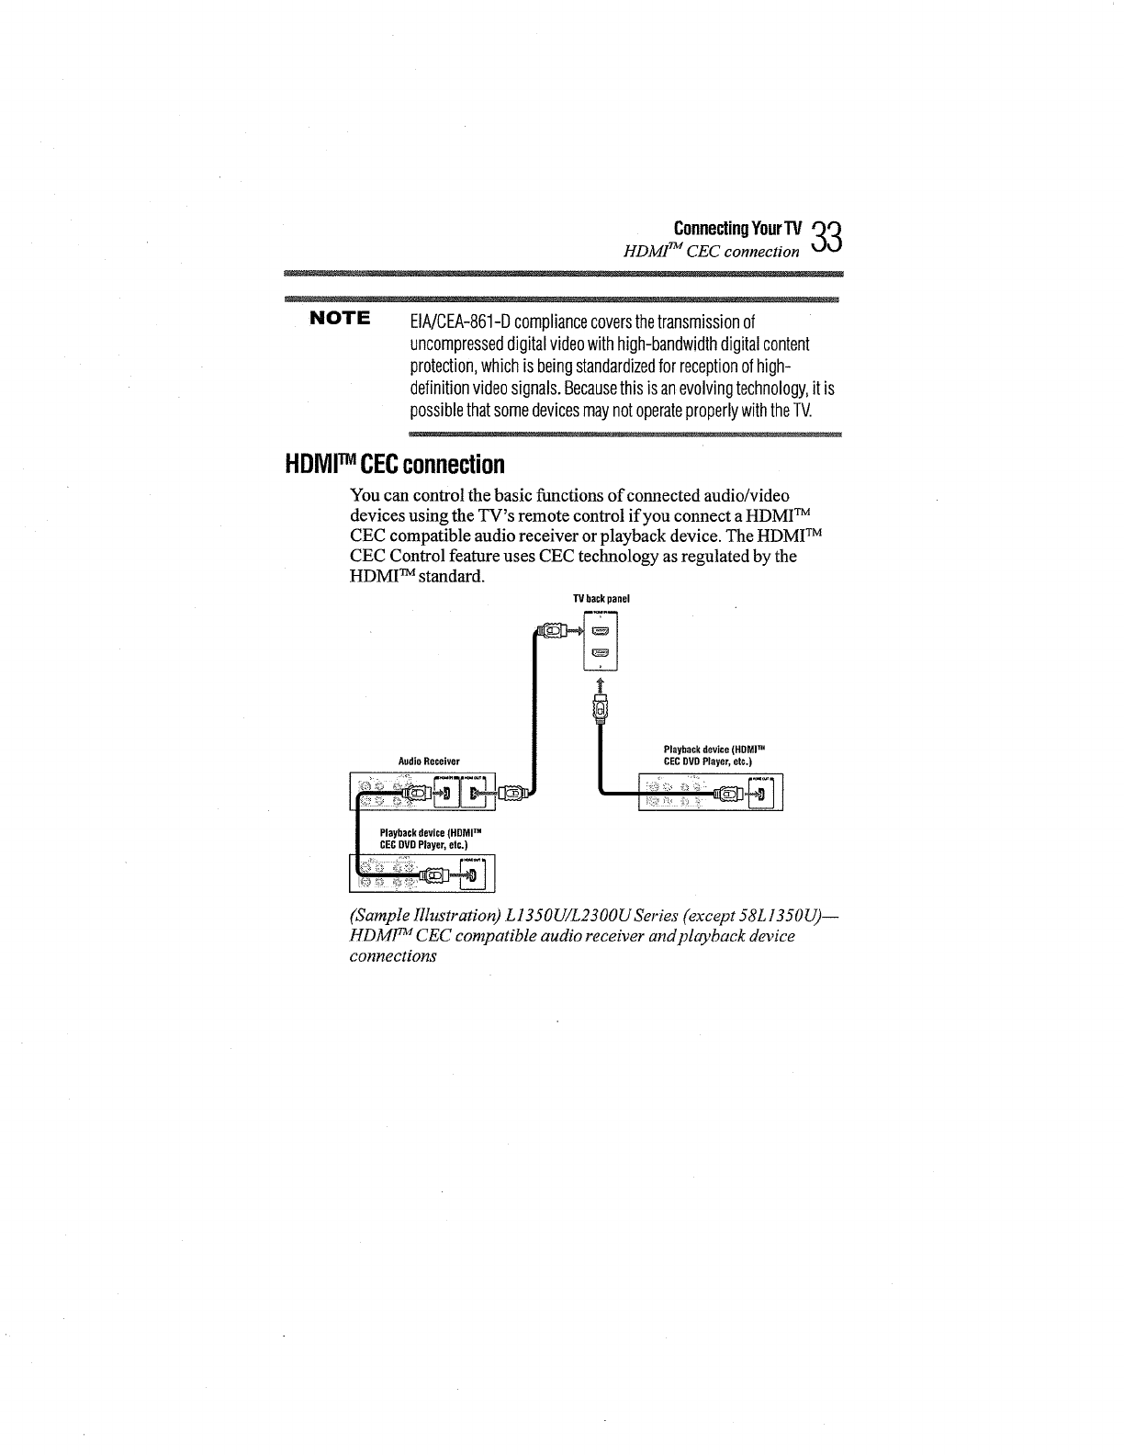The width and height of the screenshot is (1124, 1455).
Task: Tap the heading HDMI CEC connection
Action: click(394, 464)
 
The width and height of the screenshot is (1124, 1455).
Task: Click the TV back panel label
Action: click(601, 599)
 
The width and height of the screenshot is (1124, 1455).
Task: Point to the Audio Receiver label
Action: click(429, 761)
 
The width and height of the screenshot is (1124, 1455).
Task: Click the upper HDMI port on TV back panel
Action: click(601, 630)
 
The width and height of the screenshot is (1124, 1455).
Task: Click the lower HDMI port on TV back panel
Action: click(601, 653)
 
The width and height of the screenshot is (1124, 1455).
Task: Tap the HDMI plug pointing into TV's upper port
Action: click(553, 631)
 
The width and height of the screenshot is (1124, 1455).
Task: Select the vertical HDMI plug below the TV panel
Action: click(601, 710)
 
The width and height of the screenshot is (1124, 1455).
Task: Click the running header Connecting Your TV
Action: click(737, 228)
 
